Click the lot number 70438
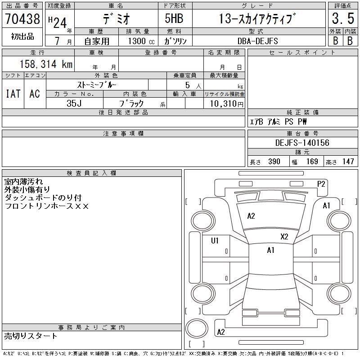point(22,18)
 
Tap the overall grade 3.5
point(343,18)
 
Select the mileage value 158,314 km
point(46,64)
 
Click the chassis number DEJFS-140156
point(302,143)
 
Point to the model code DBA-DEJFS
point(257,41)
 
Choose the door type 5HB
point(174,18)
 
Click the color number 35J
point(74,103)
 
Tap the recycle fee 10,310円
point(226,104)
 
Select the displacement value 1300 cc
point(141,41)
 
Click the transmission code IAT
point(13,94)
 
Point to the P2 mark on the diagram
point(321,184)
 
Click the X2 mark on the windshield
point(284,237)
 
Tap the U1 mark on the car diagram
point(215,241)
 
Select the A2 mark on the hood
point(251,216)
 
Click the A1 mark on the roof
point(271,250)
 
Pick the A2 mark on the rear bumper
point(221,332)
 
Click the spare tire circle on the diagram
point(197,328)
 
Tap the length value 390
point(274,162)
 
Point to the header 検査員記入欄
point(91,173)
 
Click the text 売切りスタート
point(30,336)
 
